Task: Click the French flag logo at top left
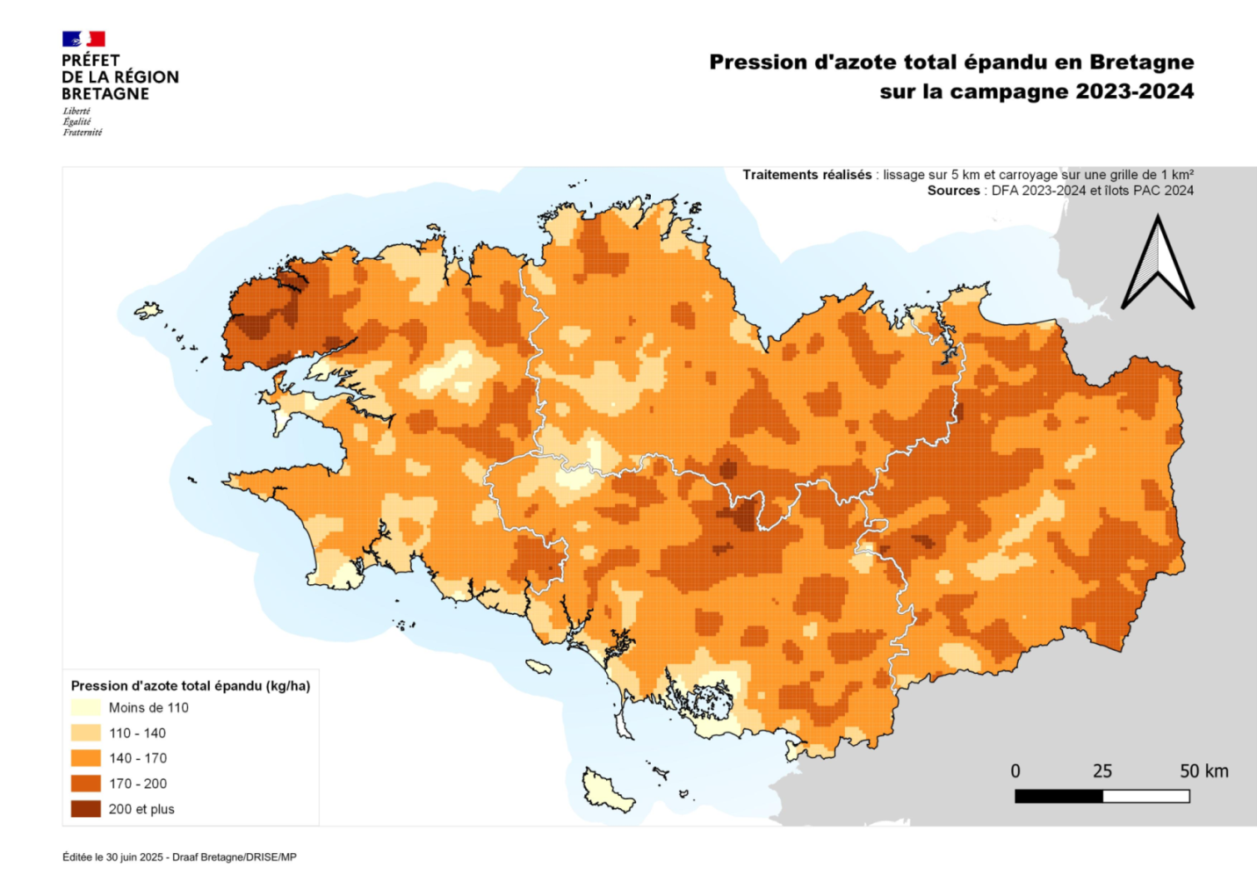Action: (x=83, y=39)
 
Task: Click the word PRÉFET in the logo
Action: (x=90, y=61)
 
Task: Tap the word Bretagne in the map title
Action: (x=1141, y=62)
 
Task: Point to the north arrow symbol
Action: (x=1157, y=264)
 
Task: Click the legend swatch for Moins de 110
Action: (x=85, y=707)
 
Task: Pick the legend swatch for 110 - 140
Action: (x=85, y=733)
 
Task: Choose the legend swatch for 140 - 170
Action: (x=85, y=758)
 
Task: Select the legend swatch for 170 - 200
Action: (x=85, y=784)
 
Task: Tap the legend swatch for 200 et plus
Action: (x=85, y=809)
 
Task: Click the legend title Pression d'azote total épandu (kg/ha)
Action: (x=191, y=685)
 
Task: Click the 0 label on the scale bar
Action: (x=1015, y=771)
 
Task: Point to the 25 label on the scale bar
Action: (x=1102, y=771)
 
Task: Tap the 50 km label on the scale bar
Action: (x=1203, y=771)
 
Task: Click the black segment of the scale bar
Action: (x=1058, y=796)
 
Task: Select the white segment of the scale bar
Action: (x=1146, y=796)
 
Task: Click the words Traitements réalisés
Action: (x=807, y=175)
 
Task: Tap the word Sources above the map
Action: (x=953, y=191)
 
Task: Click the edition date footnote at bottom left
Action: (x=179, y=857)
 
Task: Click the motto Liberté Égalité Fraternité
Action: (x=82, y=122)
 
